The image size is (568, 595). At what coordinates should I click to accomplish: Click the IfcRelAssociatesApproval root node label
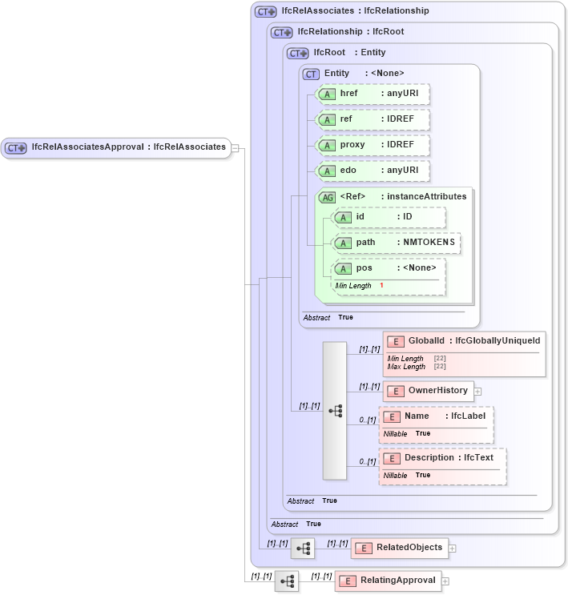coord(128,147)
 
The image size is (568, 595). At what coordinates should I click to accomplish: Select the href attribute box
coord(373,94)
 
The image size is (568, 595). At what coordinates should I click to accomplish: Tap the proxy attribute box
coord(373,145)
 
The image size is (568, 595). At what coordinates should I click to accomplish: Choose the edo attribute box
coord(373,171)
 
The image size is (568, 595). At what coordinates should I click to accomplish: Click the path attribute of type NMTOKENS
coord(397,243)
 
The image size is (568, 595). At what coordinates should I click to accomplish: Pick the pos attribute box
coord(389,268)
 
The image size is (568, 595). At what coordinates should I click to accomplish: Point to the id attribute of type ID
coord(389,217)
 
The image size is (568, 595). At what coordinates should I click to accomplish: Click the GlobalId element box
coord(464,341)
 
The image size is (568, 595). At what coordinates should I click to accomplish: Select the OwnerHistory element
coord(429,391)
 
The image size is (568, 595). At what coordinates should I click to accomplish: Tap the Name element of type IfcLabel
coord(437,416)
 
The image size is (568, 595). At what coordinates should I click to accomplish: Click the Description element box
coord(443,458)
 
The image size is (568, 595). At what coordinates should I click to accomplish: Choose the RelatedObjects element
coord(399,548)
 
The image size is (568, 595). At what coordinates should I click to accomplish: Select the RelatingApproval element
coord(388,581)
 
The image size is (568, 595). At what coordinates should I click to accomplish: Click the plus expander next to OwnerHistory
coord(478,392)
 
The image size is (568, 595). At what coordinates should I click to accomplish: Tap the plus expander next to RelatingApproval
coord(445,581)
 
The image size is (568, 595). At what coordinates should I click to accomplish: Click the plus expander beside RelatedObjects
coord(453,549)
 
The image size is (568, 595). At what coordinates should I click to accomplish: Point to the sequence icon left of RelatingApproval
coord(287,581)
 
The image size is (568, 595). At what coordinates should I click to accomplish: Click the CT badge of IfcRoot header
coord(298,53)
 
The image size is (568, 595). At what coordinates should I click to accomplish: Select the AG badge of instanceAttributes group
coord(327,197)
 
